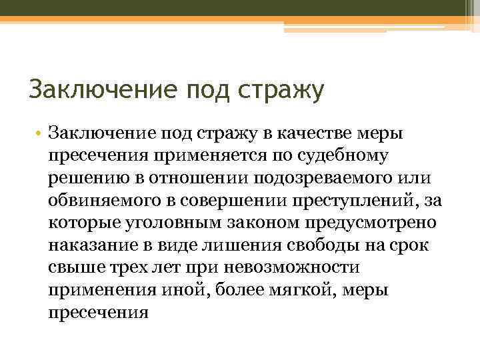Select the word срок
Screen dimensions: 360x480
coord(413,246)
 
